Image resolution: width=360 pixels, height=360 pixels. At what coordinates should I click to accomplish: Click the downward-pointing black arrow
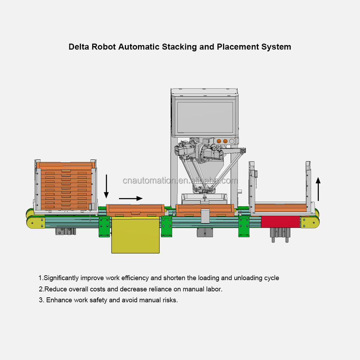point(106,186)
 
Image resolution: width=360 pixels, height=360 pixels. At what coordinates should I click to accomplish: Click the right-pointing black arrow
point(130,198)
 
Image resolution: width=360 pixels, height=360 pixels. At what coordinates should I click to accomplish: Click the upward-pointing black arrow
point(318,189)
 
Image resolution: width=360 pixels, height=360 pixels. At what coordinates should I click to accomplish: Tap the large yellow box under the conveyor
point(135,235)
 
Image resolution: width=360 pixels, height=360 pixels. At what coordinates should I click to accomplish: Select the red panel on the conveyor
point(280,222)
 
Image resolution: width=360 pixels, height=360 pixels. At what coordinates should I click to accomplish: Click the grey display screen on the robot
point(205,117)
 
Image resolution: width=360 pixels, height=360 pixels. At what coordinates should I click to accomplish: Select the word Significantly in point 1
point(61,278)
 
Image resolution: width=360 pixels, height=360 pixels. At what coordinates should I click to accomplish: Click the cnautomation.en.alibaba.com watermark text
point(180,181)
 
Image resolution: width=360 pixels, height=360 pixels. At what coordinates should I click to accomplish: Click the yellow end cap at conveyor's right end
point(310,222)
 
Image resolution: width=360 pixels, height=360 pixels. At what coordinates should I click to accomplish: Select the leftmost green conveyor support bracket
point(104,226)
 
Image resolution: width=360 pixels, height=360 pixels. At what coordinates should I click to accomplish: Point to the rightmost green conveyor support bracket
point(244,226)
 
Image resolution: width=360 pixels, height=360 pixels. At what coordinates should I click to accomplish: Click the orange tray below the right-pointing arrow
point(135,210)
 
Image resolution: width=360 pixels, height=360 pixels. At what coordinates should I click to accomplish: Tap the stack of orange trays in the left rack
point(66,186)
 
